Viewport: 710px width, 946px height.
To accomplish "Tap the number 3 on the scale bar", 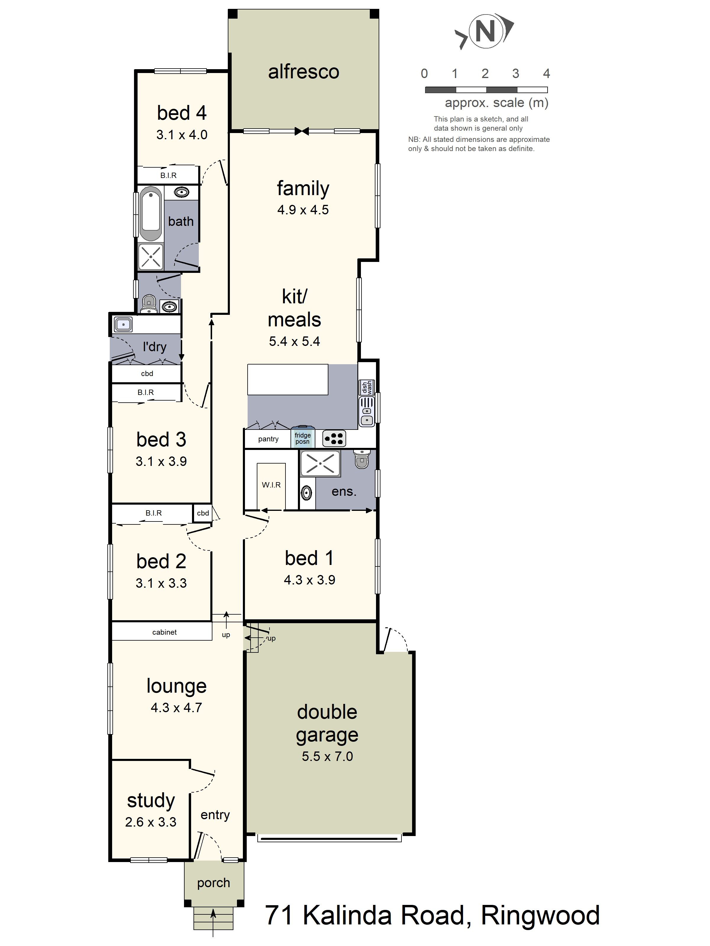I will [515, 74].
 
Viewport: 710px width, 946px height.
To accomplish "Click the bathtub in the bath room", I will [150, 213].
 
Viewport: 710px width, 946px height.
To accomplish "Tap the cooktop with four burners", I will [334, 438].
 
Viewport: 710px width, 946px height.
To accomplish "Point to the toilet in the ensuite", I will [362, 459].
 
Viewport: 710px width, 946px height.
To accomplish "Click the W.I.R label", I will [271, 485].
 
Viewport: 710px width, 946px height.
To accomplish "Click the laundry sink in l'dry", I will [123, 325].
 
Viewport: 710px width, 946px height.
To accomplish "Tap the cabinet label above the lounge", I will [164, 632].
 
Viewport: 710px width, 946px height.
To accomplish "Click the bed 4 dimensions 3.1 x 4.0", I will [182, 135].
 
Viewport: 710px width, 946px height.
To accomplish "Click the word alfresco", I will [304, 72].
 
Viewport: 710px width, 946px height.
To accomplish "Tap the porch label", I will [214, 883].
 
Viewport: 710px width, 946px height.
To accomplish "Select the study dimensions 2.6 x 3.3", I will [151, 822].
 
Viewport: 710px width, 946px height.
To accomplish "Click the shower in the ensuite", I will [320, 464].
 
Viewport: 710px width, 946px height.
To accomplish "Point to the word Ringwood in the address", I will [540, 916].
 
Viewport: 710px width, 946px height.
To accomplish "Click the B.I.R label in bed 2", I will [153, 513].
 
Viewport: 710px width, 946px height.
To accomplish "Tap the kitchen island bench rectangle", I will [288, 379].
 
